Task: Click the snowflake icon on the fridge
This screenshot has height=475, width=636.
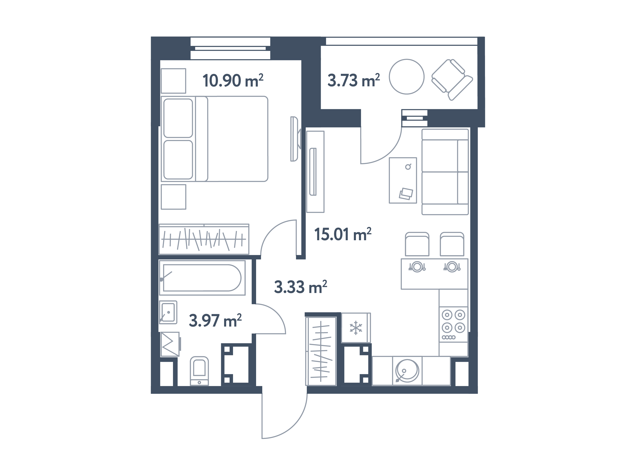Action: click(x=356, y=328)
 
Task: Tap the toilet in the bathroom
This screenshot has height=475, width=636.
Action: click(x=199, y=371)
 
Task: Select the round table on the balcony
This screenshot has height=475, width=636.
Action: click(x=407, y=77)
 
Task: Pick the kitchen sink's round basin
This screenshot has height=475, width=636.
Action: click(x=407, y=371)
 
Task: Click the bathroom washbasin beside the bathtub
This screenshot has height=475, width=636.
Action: click(x=168, y=312)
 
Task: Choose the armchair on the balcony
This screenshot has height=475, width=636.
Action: click(x=452, y=80)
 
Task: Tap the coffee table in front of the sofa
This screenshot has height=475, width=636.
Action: click(x=403, y=180)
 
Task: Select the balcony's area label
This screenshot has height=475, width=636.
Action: click(x=354, y=80)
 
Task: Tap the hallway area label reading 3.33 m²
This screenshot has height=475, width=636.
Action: click(x=300, y=287)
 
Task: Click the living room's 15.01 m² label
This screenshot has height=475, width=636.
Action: click(x=343, y=234)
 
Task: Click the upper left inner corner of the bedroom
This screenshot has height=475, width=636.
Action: click(x=160, y=60)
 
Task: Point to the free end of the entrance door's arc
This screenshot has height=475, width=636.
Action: click(x=262, y=438)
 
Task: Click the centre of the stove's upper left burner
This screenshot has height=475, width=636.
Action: click(x=447, y=315)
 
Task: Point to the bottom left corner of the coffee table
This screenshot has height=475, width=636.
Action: click(x=389, y=203)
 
